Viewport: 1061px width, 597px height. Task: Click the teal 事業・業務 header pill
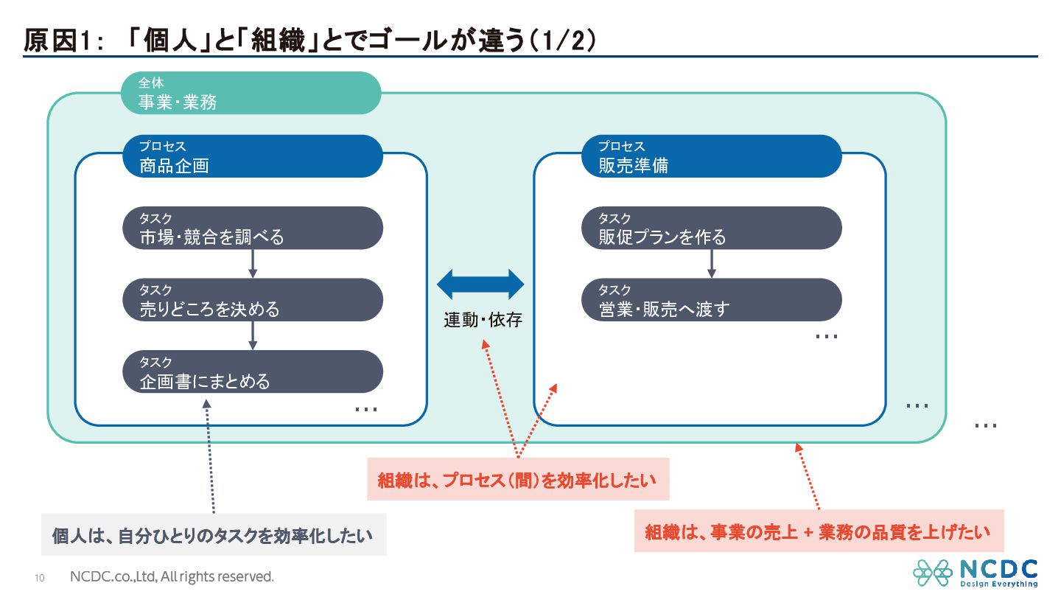pyautogui.click(x=251, y=93)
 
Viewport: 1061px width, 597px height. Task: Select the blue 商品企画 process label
pyautogui.click(x=253, y=156)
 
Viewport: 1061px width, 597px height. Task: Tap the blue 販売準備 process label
pyautogui.click(x=712, y=156)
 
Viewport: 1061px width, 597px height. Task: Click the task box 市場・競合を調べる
pyautogui.click(x=253, y=228)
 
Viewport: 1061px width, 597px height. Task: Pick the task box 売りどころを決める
pyautogui.click(x=253, y=300)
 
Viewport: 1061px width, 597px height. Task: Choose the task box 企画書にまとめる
pyautogui.click(x=253, y=371)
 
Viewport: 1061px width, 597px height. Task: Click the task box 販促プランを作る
pyautogui.click(x=712, y=228)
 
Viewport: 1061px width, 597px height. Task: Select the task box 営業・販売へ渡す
pyautogui.click(x=712, y=300)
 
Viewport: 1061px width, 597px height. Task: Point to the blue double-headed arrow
pyautogui.click(x=480, y=284)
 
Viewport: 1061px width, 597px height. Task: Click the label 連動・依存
pyautogui.click(x=483, y=320)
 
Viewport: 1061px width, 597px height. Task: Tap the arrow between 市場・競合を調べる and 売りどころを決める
pyautogui.click(x=253, y=264)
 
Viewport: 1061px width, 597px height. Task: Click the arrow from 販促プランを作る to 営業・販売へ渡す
pyautogui.click(x=712, y=264)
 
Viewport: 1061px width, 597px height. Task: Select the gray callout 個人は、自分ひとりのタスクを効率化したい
pyautogui.click(x=214, y=534)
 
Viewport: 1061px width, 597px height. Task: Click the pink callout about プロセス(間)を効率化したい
pyautogui.click(x=518, y=479)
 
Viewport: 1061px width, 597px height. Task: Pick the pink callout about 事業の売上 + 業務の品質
pyautogui.click(x=819, y=531)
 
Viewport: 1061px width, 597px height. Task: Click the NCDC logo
pyautogui.click(x=976, y=573)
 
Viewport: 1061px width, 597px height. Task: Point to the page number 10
pyautogui.click(x=40, y=578)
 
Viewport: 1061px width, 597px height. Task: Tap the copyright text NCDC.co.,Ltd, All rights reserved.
pyautogui.click(x=172, y=576)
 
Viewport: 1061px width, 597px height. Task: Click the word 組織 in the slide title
pyautogui.click(x=279, y=40)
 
